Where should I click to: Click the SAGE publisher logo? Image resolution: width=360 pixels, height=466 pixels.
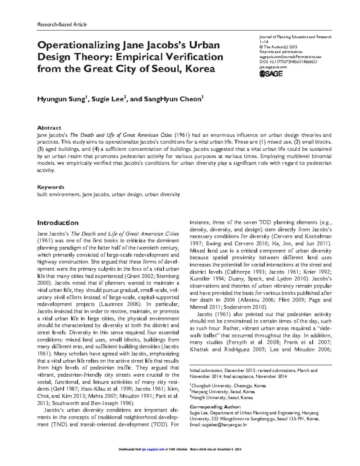[x=271, y=74]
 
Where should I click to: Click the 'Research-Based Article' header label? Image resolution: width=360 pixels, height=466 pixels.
[x=62, y=25]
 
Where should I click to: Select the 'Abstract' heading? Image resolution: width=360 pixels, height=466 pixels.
[x=49, y=128]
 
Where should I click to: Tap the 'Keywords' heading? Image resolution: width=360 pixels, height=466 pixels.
[x=50, y=187]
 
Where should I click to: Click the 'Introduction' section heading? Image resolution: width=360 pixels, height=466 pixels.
[x=58, y=223]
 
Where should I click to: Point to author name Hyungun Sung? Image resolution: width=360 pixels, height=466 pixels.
[x=61, y=99]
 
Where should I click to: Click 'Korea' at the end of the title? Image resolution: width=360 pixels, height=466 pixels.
[x=200, y=69]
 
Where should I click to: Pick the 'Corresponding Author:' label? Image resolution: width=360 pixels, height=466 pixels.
[x=215, y=407]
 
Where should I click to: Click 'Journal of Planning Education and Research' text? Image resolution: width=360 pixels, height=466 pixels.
[x=295, y=37]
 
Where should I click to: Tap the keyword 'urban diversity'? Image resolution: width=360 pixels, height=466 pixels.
[x=162, y=194]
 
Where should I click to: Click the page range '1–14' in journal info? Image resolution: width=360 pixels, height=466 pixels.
[x=264, y=42]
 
